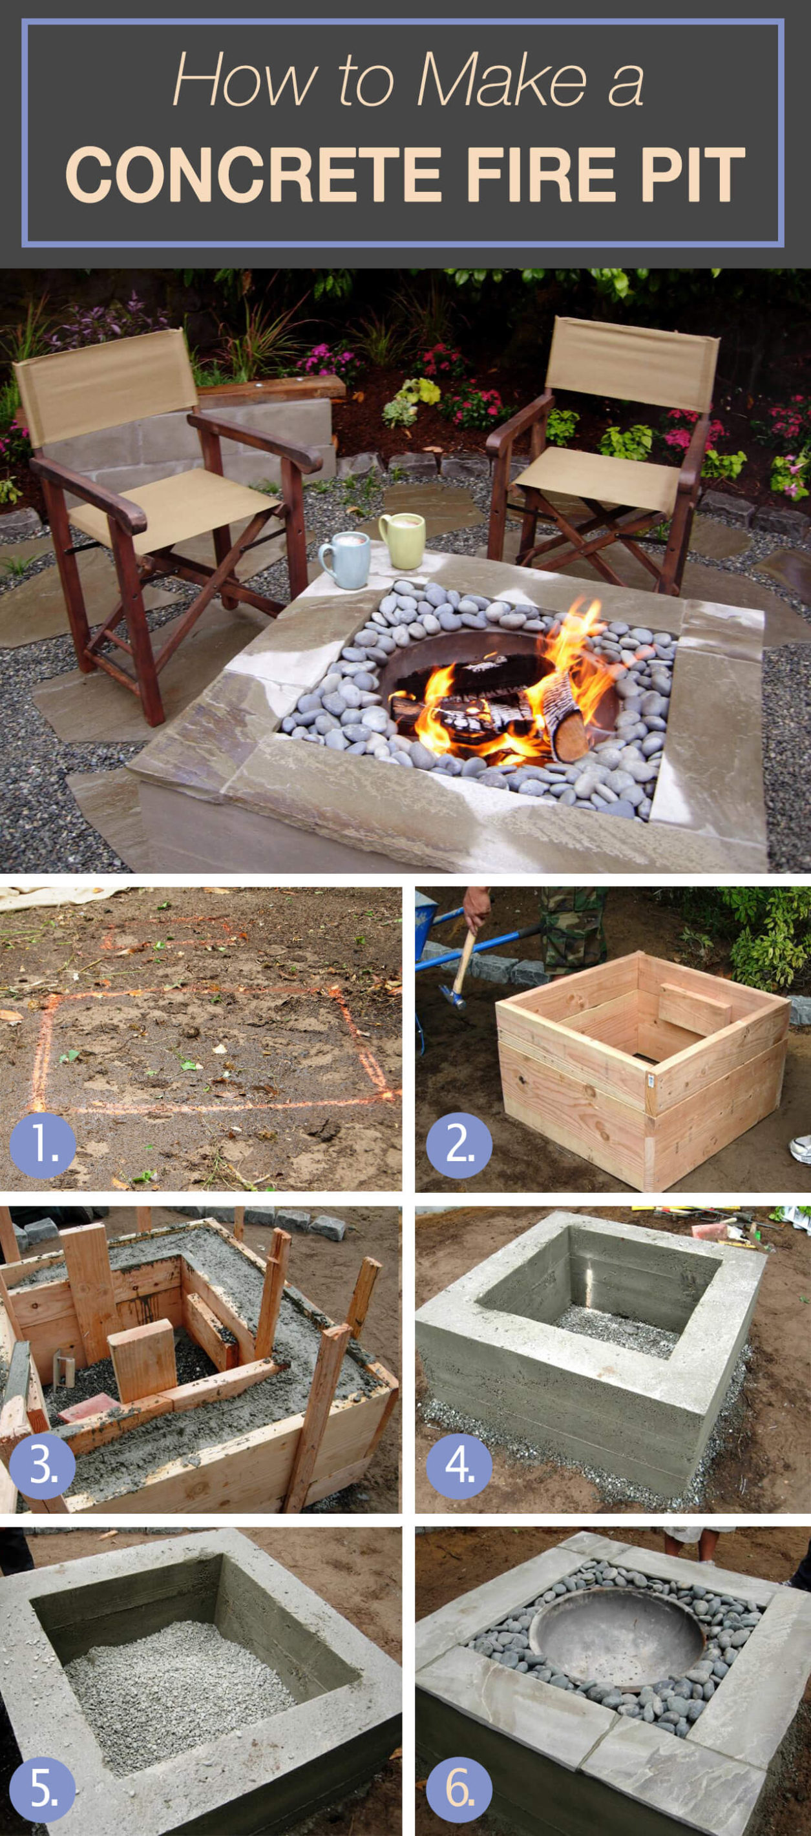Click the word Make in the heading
[x=502, y=80]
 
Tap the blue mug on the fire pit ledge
[x=344, y=559]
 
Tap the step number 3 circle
[x=43, y=1466]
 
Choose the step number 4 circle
[x=459, y=1466]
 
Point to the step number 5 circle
[x=43, y=1789]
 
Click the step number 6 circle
[x=459, y=1789]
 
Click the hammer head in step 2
[x=454, y=995]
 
